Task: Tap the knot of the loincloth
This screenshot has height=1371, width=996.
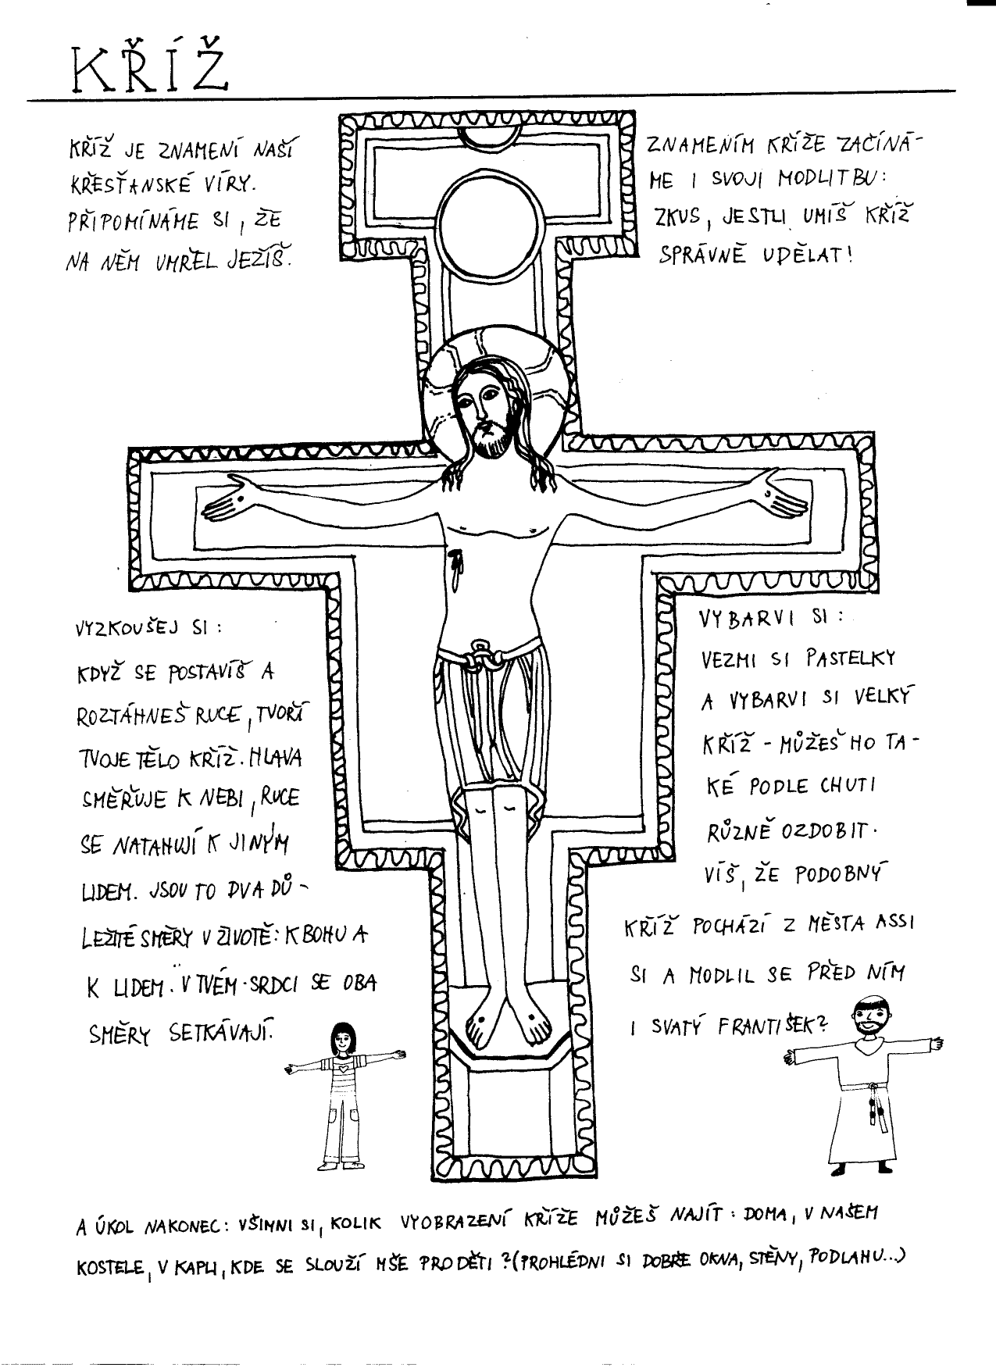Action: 479,657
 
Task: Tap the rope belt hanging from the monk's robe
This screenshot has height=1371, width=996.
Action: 874,1105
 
